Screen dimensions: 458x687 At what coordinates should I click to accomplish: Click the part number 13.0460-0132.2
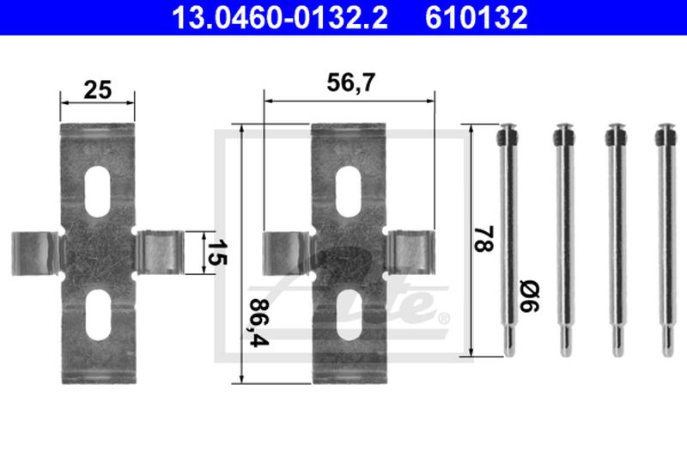tap(269, 16)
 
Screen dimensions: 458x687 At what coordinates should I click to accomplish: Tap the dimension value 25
tap(97, 89)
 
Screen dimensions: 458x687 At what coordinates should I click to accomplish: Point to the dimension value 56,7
tap(349, 83)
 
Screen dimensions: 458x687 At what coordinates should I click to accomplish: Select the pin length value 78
tap(486, 239)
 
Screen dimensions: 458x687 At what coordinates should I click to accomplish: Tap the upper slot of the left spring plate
tap(100, 181)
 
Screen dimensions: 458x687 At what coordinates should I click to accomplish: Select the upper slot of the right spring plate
tap(349, 181)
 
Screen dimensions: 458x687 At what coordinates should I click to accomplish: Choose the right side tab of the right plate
tap(410, 253)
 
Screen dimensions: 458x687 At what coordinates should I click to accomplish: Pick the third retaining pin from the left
tap(614, 241)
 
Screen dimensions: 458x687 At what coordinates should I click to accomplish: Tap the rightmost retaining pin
tap(666, 241)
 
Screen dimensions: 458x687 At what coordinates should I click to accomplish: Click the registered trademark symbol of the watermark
tap(444, 319)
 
